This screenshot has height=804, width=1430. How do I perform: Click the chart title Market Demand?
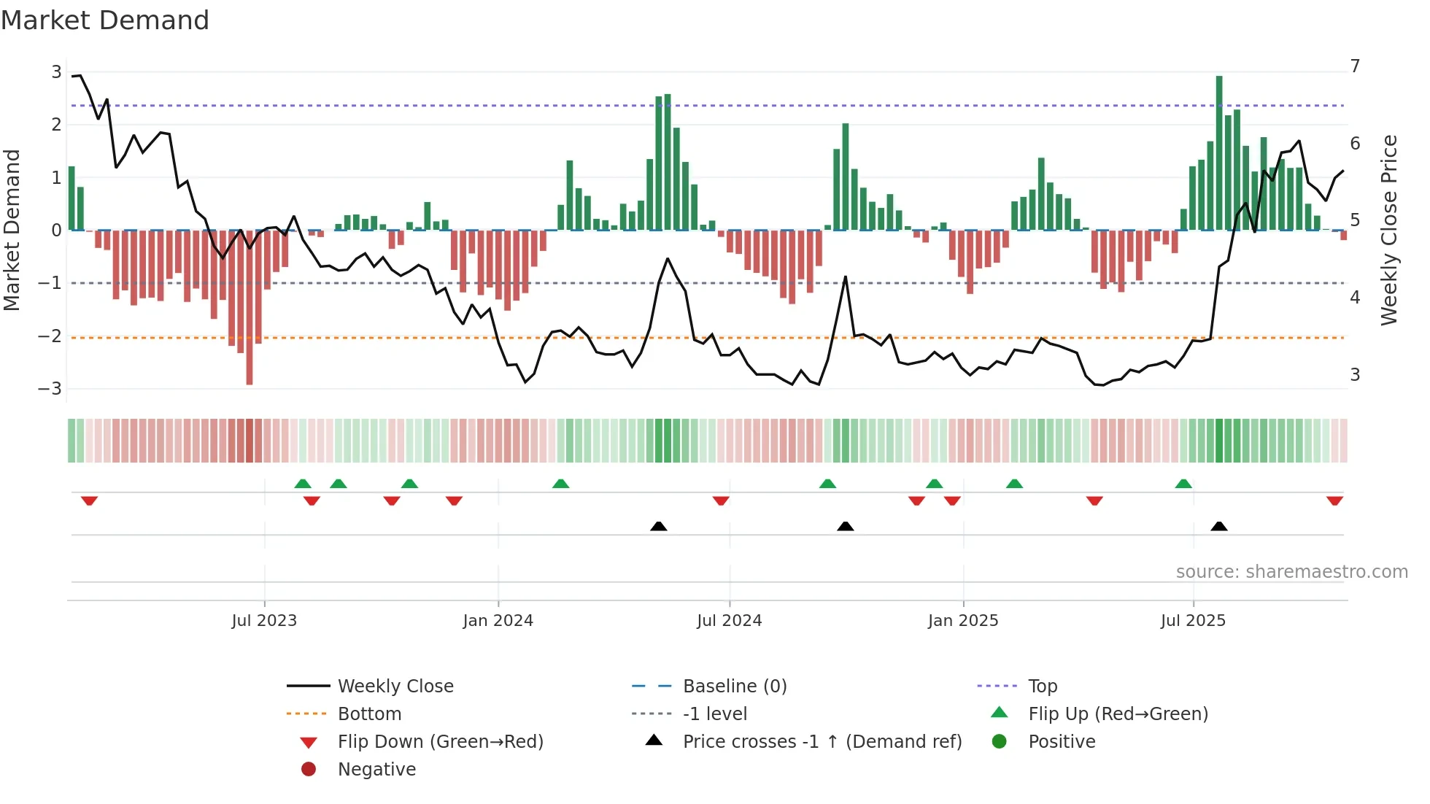tap(105, 20)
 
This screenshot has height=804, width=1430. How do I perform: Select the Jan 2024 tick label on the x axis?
tap(498, 621)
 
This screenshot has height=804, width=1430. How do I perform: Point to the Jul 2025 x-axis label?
tap(1193, 621)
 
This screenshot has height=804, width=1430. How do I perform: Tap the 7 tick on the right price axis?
tap(1355, 66)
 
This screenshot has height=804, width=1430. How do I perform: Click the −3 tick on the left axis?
tap(50, 388)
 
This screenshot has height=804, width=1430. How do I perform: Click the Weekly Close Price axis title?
tap(1389, 230)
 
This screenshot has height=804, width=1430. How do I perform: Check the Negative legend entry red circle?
tap(309, 770)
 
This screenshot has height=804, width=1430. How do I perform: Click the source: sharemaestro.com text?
tap(1291, 572)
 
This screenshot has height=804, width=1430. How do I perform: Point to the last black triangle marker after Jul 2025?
tap(1219, 526)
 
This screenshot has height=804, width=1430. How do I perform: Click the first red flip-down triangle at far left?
tap(89, 500)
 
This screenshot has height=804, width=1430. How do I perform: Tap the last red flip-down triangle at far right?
tap(1334, 500)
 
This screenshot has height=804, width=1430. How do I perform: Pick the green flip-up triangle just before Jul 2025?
tap(1183, 484)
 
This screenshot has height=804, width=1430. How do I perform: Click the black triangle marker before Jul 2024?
tap(658, 526)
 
